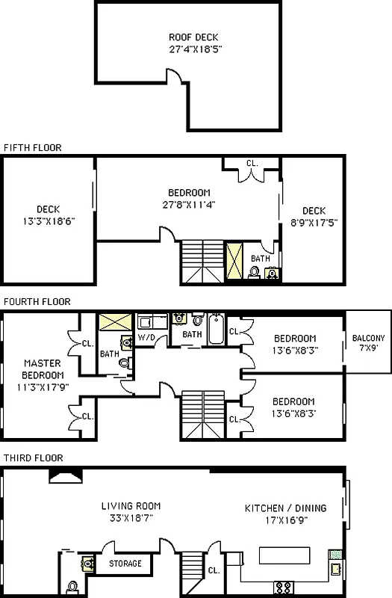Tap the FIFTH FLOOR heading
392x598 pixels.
(x=32, y=147)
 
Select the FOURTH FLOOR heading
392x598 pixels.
(x=37, y=302)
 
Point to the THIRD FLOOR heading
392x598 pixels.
(x=32, y=457)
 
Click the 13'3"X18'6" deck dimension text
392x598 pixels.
(x=49, y=221)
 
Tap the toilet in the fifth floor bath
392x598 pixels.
(x=255, y=273)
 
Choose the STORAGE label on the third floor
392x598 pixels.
(x=125, y=564)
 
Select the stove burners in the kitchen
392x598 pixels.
(x=284, y=585)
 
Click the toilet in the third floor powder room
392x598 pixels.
(x=72, y=585)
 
